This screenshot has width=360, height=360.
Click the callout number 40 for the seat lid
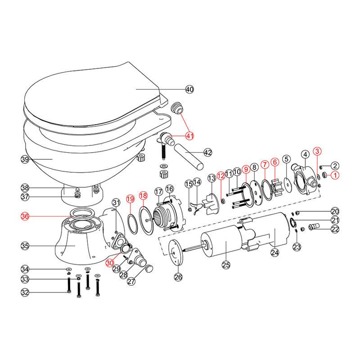(x=189, y=90)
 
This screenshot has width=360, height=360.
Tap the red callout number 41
(x=189, y=135)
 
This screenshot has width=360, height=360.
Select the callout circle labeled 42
(x=207, y=153)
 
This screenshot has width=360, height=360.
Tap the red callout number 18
(x=143, y=196)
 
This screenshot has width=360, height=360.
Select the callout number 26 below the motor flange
(x=178, y=277)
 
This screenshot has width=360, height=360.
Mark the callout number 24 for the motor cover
(x=275, y=252)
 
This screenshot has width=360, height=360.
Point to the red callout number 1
(x=335, y=175)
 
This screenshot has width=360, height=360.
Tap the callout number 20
(x=335, y=211)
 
